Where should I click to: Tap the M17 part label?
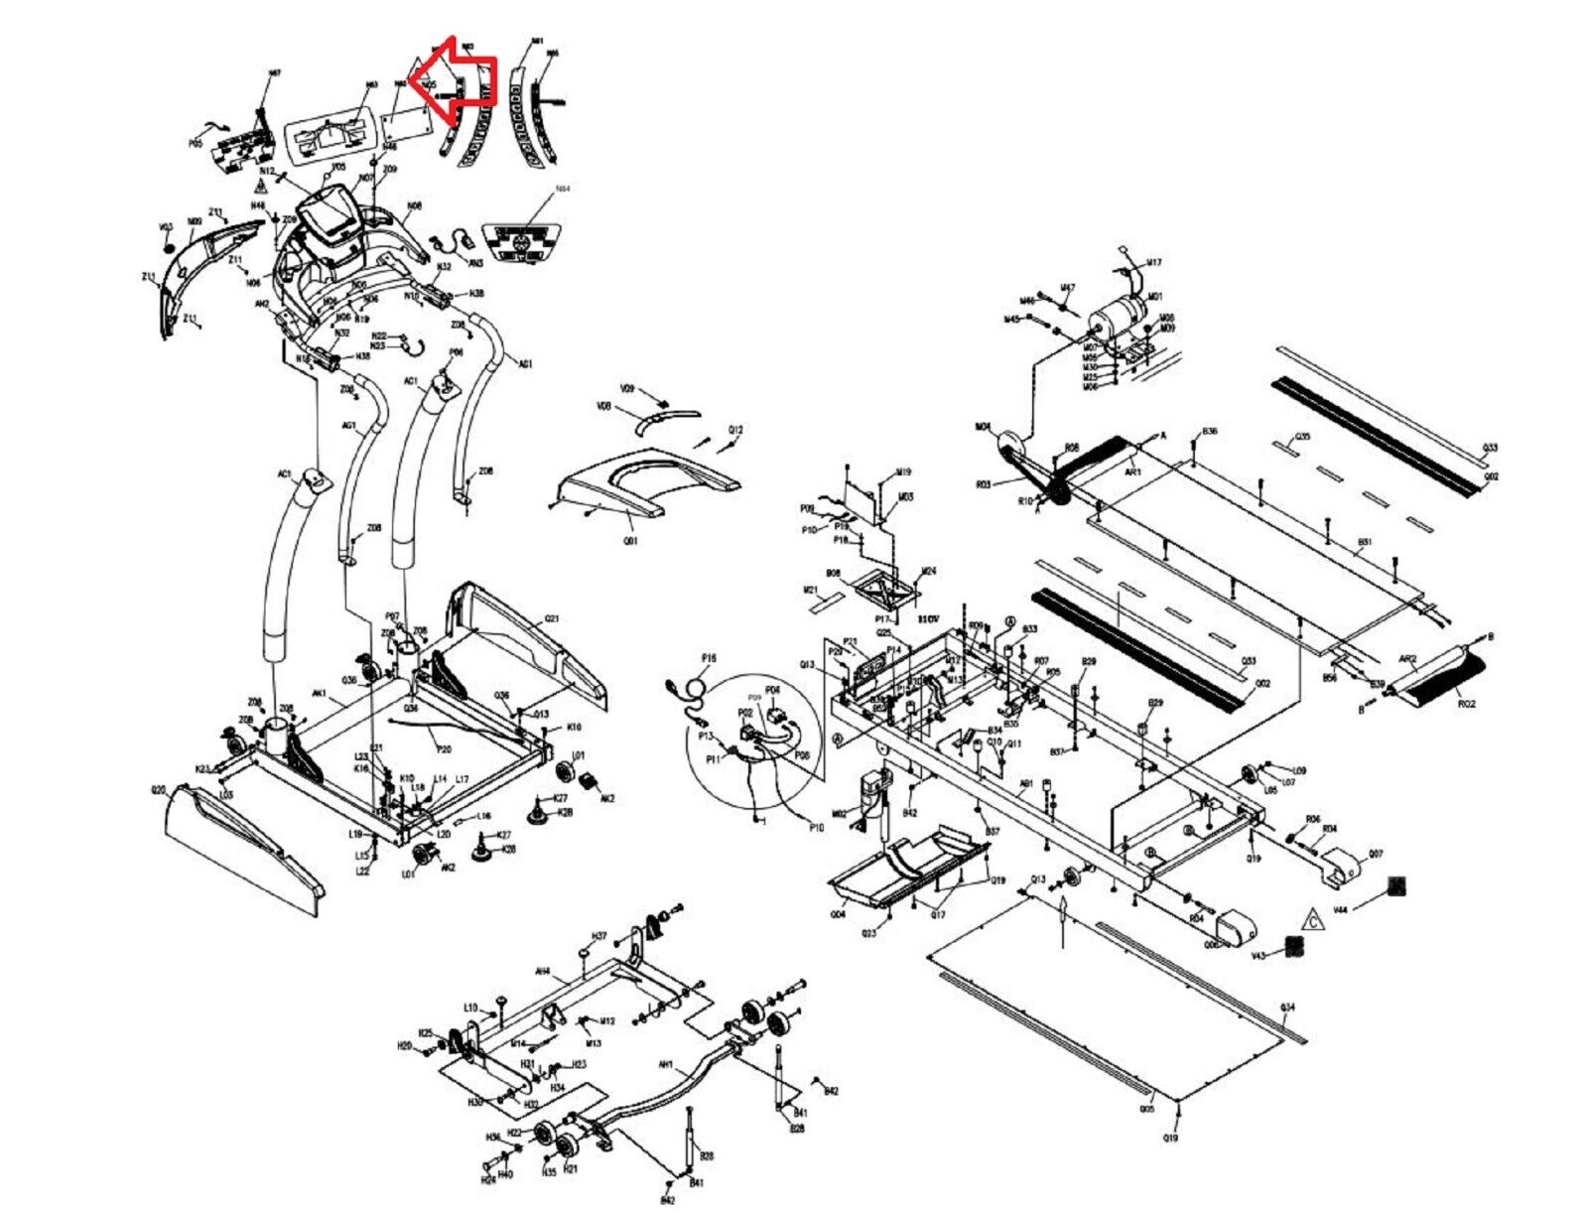[x=1153, y=263]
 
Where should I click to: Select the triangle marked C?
[x=1313, y=919]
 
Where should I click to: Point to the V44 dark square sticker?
[x=1396, y=885]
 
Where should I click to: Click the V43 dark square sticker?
[x=1292, y=945]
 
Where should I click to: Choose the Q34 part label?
[x=1288, y=1008]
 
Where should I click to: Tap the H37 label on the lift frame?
[x=598, y=936]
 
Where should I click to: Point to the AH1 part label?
[x=666, y=1065]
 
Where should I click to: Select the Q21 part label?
[x=552, y=618]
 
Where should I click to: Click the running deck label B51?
[x=1365, y=542]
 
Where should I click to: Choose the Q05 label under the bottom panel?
[x=1147, y=1109]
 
